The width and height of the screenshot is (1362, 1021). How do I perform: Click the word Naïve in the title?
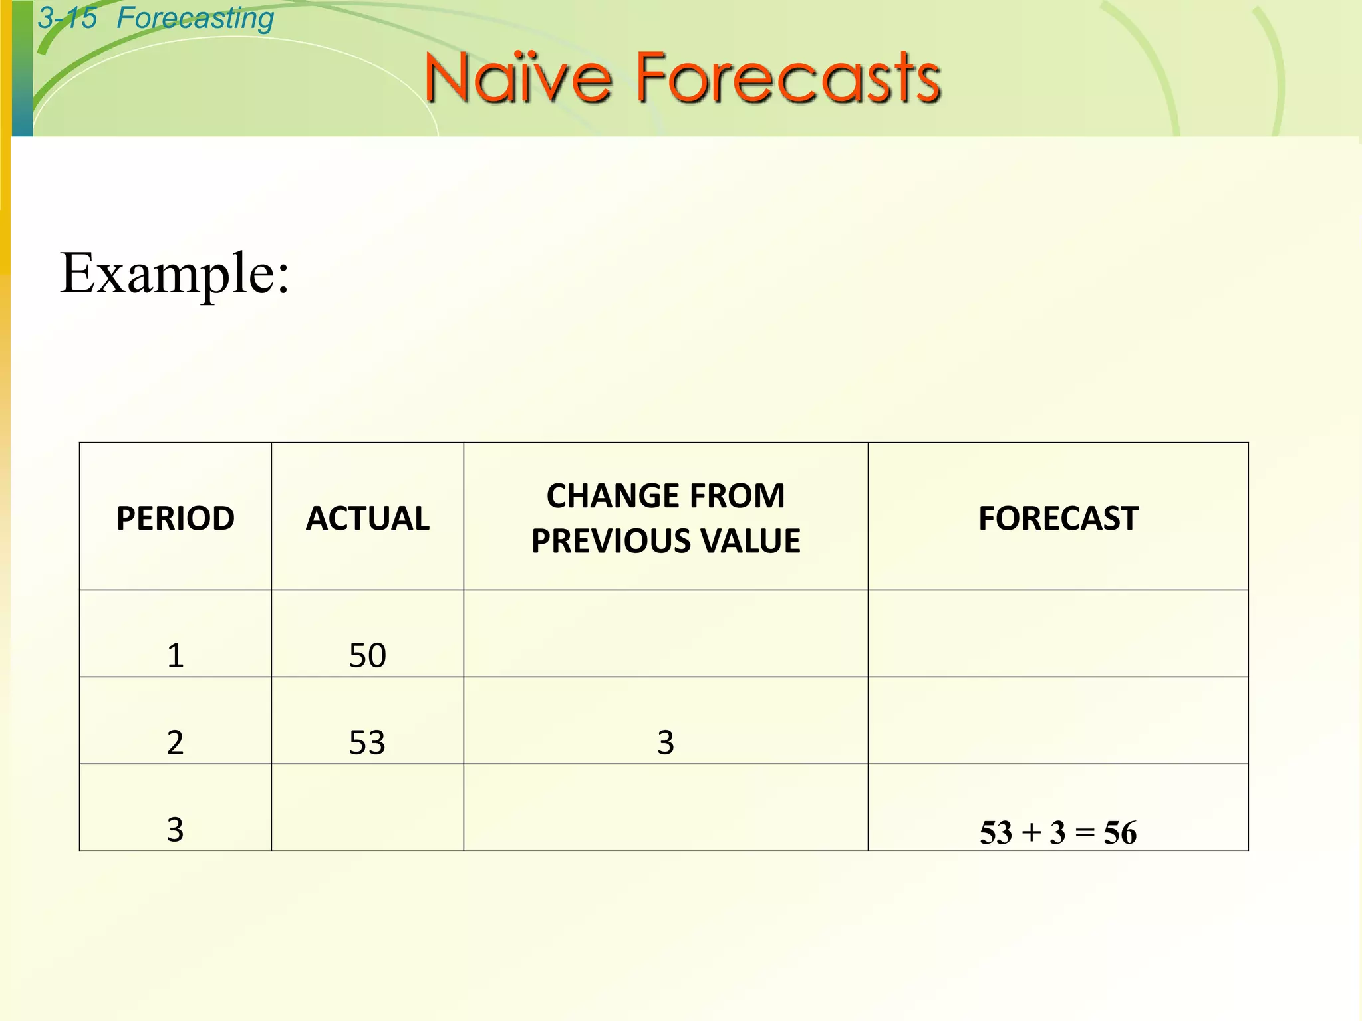pos(517,78)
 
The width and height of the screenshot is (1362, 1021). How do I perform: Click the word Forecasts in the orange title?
pos(789,78)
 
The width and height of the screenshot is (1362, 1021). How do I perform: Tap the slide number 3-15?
pos(67,18)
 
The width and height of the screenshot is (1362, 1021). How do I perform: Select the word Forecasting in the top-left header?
pos(195,18)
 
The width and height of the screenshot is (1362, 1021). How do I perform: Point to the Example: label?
pos(175,273)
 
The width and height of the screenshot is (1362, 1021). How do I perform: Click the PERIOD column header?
pos(176,518)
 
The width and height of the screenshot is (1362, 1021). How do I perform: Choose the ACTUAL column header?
pos(368,518)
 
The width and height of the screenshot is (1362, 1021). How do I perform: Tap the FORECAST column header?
pos(1058,518)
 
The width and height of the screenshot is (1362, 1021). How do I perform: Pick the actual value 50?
pos(368,655)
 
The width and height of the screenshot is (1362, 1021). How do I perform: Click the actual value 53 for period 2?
pos(368,742)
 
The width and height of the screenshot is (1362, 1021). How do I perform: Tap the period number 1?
pos(176,655)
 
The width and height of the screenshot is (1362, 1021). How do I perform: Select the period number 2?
pos(176,742)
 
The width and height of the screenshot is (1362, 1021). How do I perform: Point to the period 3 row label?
pos(176,830)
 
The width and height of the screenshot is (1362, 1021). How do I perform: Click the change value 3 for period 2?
pos(666,742)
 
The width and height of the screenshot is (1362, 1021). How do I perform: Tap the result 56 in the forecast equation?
pos(1120,833)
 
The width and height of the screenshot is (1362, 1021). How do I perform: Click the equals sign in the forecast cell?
pos(1085,833)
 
